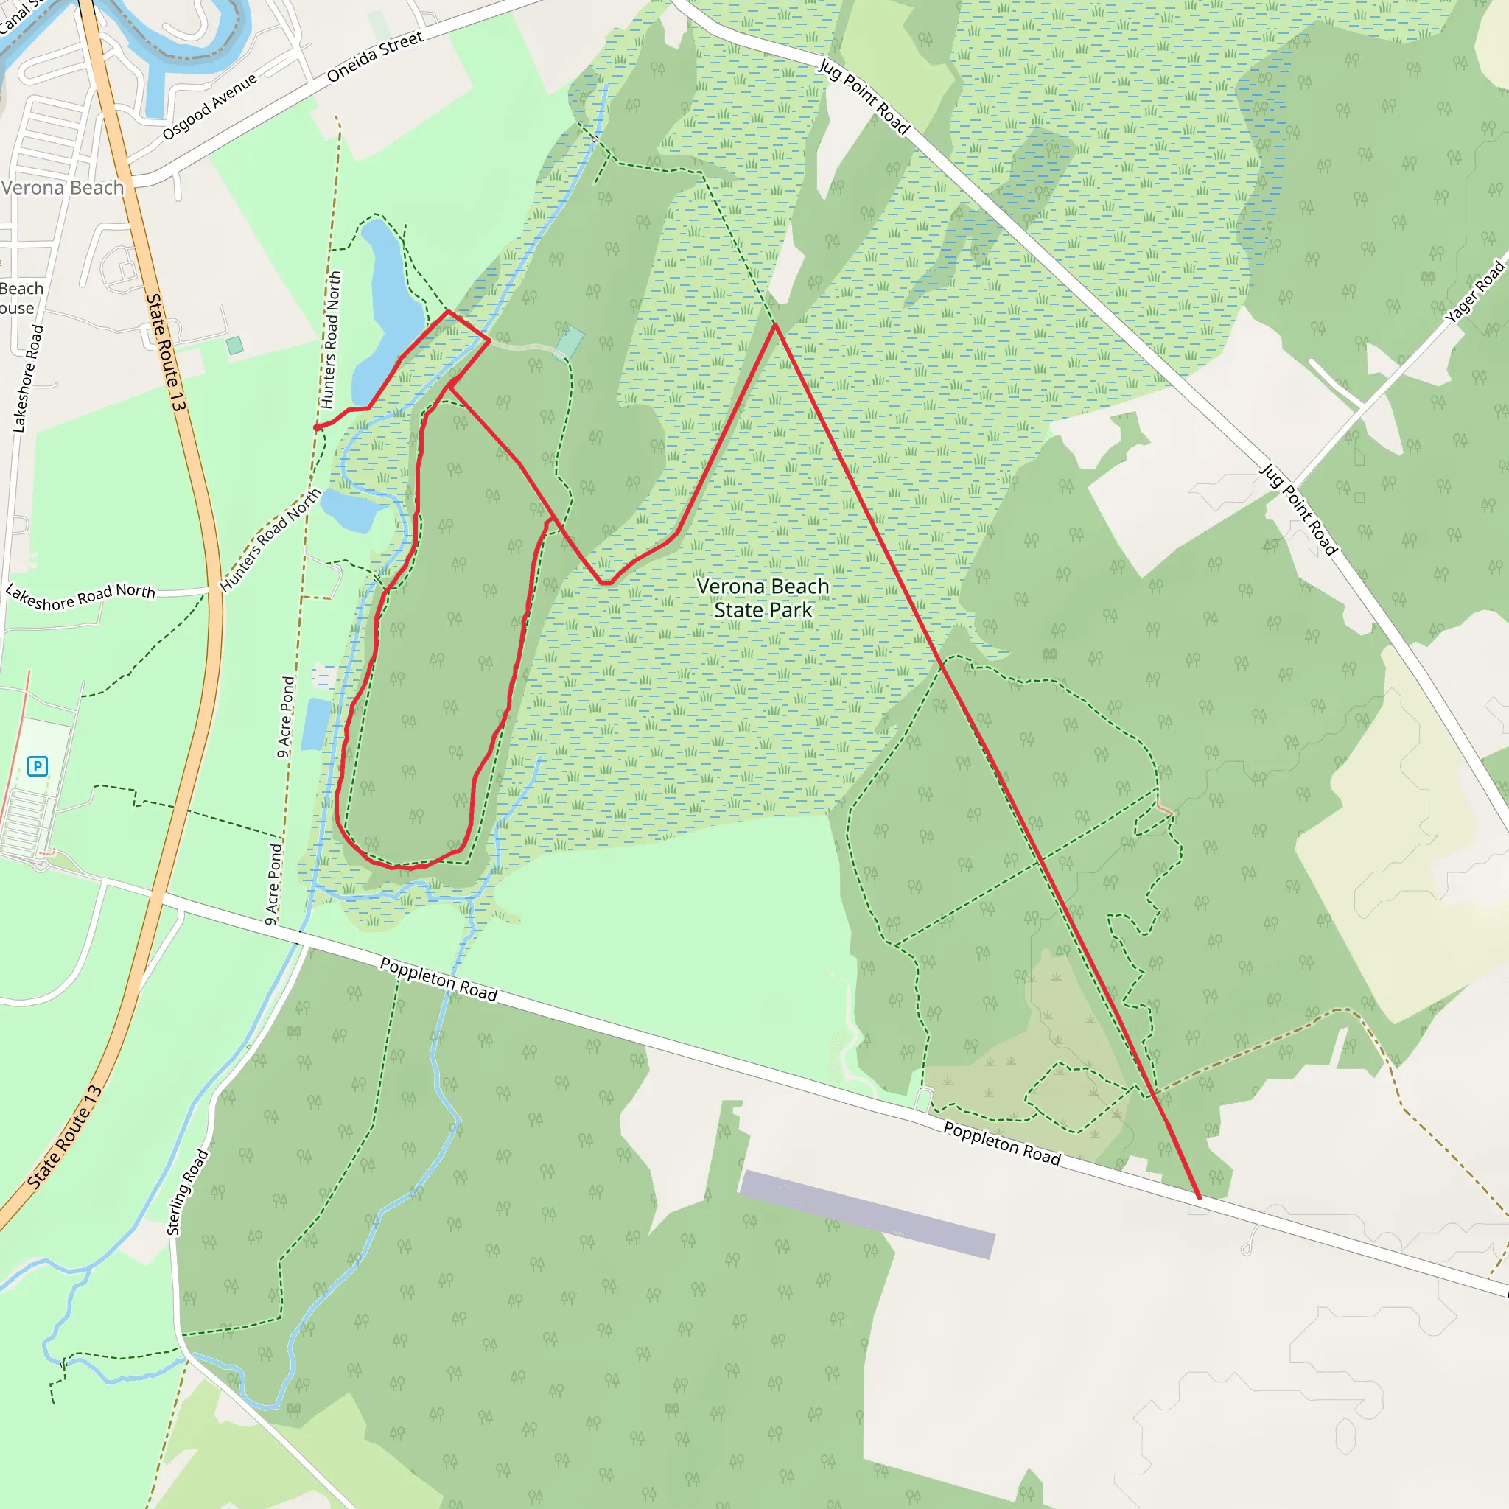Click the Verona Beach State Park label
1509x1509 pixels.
click(763, 598)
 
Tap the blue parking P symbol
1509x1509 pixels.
click(37, 766)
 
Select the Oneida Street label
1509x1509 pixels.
click(375, 57)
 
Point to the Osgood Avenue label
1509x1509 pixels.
click(209, 107)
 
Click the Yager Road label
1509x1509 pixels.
click(1474, 292)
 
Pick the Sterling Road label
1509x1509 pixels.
click(187, 1192)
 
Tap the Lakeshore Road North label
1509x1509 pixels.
click(80, 596)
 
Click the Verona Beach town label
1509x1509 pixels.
click(63, 187)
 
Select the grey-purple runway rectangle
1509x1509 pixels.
click(867, 1214)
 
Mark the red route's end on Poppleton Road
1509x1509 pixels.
click(1199, 1197)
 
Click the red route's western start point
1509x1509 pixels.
click(316, 428)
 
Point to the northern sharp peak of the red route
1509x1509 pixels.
click(775, 324)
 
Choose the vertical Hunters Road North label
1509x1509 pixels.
click(331, 340)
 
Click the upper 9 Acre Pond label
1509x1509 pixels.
click(286, 717)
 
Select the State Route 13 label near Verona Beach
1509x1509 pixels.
click(166, 352)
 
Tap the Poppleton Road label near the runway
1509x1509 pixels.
click(1001, 1144)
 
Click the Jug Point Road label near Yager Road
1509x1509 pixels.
click(1299, 509)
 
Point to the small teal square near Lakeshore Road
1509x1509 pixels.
click(234, 346)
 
